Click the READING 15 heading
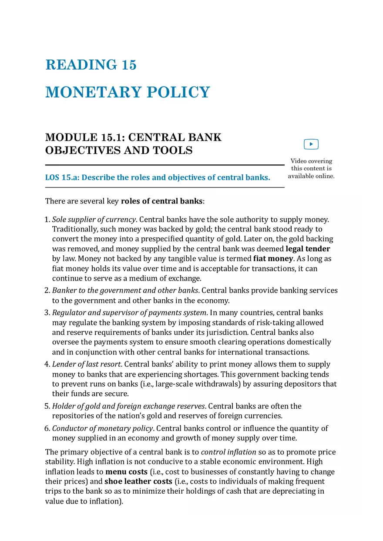pos(91,65)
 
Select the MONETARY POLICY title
pos(128,92)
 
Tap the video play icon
pos(311,144)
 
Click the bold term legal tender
pos(308,249)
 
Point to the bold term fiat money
pos(273,259)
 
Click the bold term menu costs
pos(126,472)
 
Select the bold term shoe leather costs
pos(138,481)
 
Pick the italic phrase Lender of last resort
pos(86,364)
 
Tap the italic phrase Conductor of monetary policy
pos(102,428)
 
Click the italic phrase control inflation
pos(228,452)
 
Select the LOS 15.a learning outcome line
pos(158,177)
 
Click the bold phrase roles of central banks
pos(161,201)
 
